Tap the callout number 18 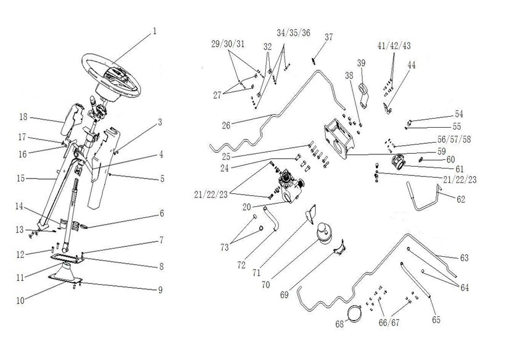(23, 117)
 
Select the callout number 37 (328, 37)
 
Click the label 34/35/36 (293, 32)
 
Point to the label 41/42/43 (394, 46)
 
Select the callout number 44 (411, 64)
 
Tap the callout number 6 (162, 213)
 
